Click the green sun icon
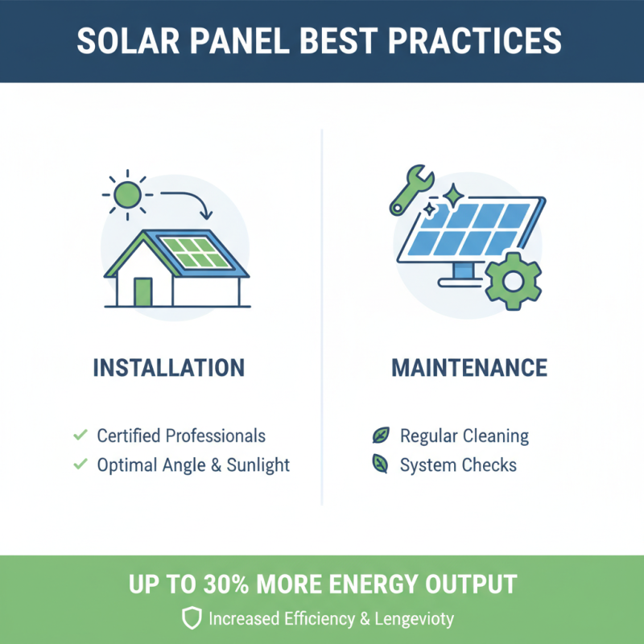click(x=126, y=194)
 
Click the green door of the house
click(x=143, y=291)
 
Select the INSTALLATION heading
click(x=168, y=369)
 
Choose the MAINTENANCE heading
click(x=469, y=369)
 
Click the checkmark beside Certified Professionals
click(x=80, y=436)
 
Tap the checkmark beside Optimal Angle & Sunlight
click(x=80, y=464)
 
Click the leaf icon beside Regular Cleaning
click(x=379, y=436)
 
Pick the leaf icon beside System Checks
click(x=379, y=464)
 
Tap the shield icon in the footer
click(x=191, y=618)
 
